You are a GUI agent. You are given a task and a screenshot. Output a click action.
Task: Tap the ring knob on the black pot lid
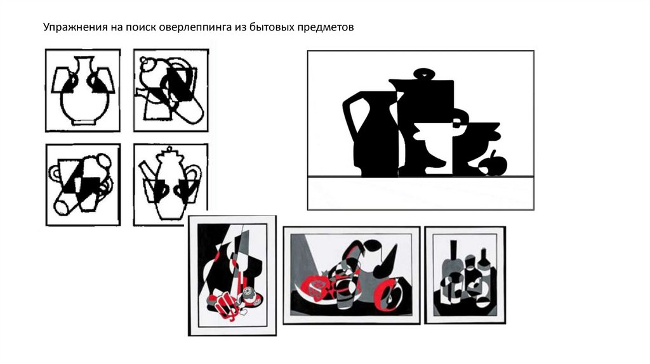[x=423, y=74]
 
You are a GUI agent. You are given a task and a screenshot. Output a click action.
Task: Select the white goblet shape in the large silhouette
[x=435, y=145]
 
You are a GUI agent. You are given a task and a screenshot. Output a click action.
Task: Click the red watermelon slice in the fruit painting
[x=317, y=289]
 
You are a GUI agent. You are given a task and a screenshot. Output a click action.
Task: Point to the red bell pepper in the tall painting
[x=224, y=306]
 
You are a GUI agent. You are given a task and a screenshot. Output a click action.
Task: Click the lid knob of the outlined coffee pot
[x=169, y=150]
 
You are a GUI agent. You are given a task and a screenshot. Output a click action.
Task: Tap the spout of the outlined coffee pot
[x=146, y=170]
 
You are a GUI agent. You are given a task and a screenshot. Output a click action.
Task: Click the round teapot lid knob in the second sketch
[x=145, y=61]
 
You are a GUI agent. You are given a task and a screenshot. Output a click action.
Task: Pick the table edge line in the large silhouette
[x=420, y=177]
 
